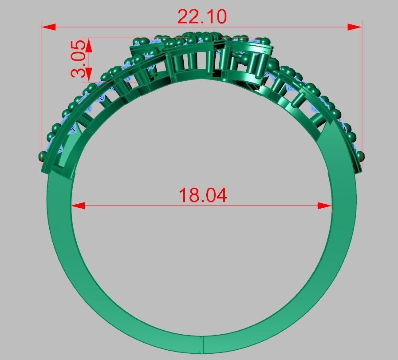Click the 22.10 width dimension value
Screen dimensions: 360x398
point(202,17)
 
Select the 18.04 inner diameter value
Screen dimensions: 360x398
point(202,195)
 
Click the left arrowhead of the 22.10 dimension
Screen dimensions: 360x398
point(49,27)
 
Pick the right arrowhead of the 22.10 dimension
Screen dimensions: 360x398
point(355,27)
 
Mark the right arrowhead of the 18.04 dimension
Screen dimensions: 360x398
point(325,206)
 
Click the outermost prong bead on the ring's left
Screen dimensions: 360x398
point(43,156)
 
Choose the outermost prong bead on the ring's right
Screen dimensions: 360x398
point(360,156)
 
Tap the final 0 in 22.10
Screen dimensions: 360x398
point(221,17)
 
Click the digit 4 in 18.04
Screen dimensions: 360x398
point(221,195)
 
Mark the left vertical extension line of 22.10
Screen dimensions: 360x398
point(42,89)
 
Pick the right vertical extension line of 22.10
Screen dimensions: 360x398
point(362,89)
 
